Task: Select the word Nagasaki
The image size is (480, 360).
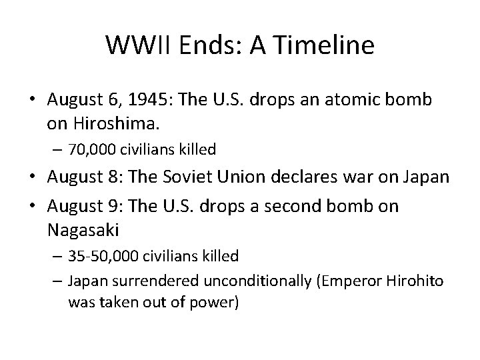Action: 83,230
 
